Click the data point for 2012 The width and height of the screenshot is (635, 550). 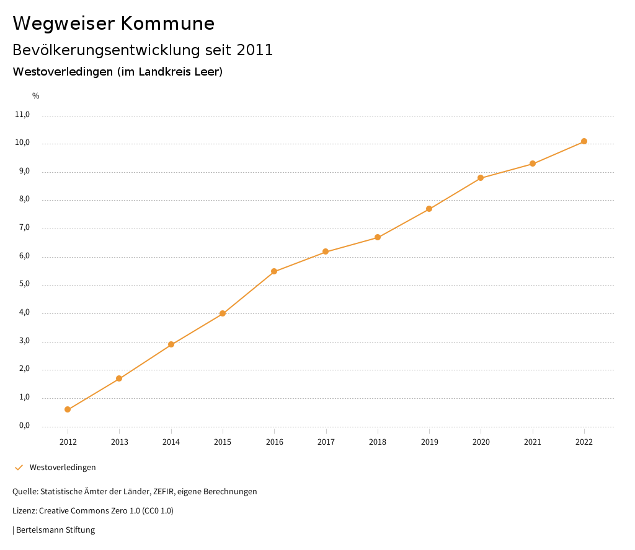pyautogui.click(x=68, y=409)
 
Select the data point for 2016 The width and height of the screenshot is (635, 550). pyautogui.click(x=274, y=271)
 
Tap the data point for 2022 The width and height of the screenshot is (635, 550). pyautogui.click(x=584, y=141)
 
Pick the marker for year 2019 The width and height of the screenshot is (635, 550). pyautogui.click(x=429, y=209)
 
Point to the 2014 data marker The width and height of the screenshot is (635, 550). pyautogui.click(x=171, y=344)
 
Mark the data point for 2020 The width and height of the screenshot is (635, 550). pyautogui.click(x=481, y=178)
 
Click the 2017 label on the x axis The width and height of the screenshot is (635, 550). pyautogui.click(x=326, y=442)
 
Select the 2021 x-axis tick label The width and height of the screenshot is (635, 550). pyautogui.click(x=533, y=442)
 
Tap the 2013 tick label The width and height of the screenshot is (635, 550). pyautogui.click(x=119, y=442)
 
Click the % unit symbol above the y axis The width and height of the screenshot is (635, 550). pyautogui.click(x=36, y=96)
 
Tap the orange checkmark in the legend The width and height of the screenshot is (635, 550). pyautogui.click(x=19, y=468)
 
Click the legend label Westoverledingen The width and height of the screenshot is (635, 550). pyautogui.click(x=63, y=468)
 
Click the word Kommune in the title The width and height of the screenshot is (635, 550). pyautogui.click(x=167, y=24)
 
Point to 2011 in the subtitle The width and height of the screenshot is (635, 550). pyautogui.click(x=254, y=50)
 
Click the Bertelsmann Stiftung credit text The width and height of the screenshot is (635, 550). pyautogui.click(x=55, y=530)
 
